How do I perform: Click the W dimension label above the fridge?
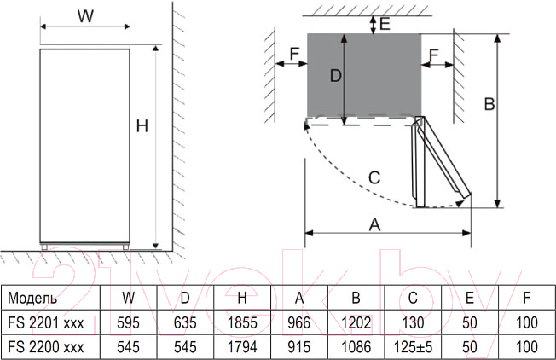[x=85, y=16]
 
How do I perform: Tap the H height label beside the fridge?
[x=142, y=126]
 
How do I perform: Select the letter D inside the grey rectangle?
[x=335, y=76]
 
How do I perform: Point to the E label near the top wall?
[x=385, y=24]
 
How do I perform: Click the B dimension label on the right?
[x=489, y=104]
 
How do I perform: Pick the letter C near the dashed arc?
[x=374, y=177]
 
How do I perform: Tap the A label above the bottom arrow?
[x=374, y=224]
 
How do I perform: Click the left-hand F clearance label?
[x=294, y=54]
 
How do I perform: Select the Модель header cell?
[x=32, y=299]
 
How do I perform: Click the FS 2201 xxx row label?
[x=46, y=322]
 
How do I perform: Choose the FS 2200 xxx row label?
[x=46, y=347]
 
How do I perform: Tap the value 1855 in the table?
[x=242, y=322]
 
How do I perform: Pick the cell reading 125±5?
[x=413, y=347]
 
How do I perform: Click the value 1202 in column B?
[x=356, y=322]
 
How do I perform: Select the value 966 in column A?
[x=299, y=322]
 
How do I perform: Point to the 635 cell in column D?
[x=185, y=322]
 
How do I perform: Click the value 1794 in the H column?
[x=242, y=347]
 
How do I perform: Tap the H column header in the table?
[x=242, y=299]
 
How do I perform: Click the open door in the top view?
[x=440, y=162]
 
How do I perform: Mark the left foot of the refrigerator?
[x=44, y=247]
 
